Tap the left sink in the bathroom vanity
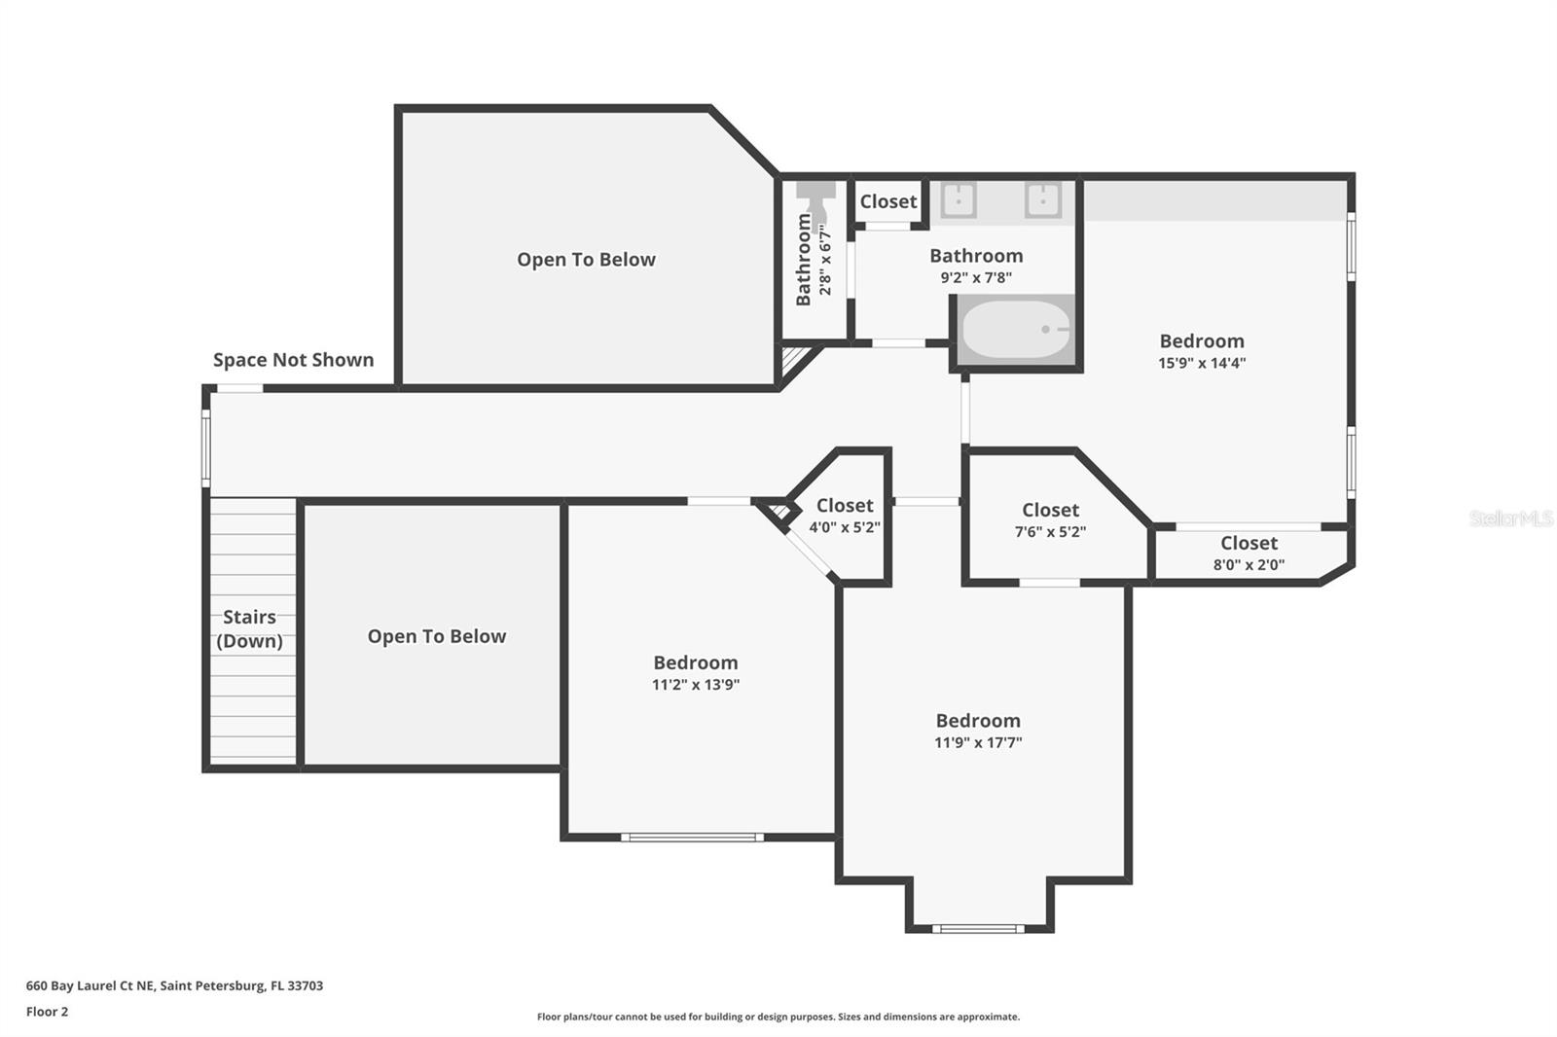click(959, 199)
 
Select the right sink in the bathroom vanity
click(1042, 199)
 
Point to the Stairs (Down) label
click(249, 628)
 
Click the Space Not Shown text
click(293, 360)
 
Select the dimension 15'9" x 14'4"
click(1202, 363)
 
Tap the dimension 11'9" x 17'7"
click(978, 742)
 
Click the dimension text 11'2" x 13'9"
click(695, 684)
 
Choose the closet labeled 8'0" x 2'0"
click(1249, 553)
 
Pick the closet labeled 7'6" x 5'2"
click(1050, 519)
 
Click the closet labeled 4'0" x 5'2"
click(845, 516)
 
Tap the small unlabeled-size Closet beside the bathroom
click(887, 201)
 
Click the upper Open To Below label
click(586, 260)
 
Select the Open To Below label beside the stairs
click(436, 636)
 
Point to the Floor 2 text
click(47, 1012)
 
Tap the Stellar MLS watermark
click(1510, 518)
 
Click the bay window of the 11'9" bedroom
click(978, 929)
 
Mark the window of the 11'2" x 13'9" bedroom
click(692, 837)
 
